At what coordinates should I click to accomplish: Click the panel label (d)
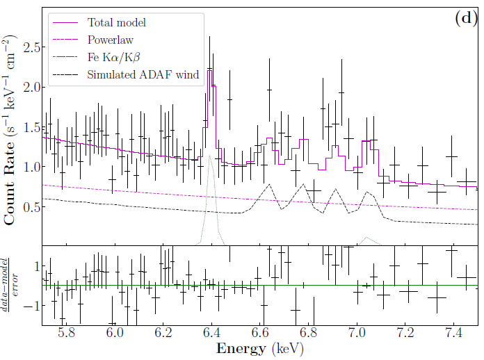tap(465, 19)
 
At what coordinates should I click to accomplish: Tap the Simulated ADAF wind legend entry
tap(142, 74)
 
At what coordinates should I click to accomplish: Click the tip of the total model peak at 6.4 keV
tap(209, 69)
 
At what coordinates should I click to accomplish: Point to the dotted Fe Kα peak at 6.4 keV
tap(209, 155)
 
